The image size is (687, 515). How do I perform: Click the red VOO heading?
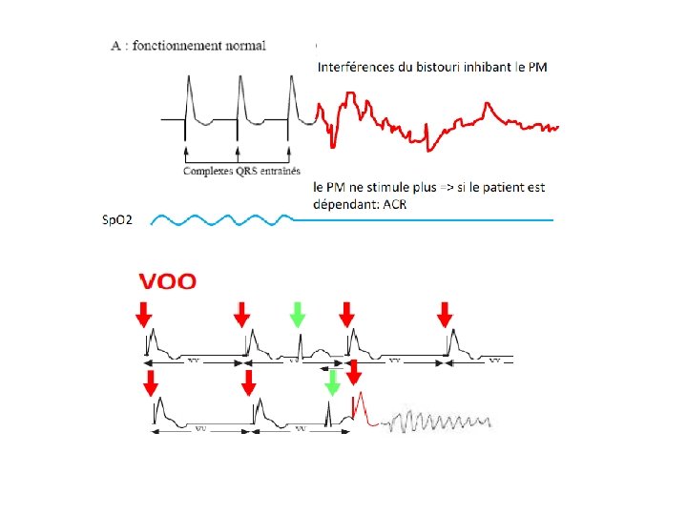[168, 281]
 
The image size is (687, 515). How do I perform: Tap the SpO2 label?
[117, 221]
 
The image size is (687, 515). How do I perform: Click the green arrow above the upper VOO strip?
[299, 314]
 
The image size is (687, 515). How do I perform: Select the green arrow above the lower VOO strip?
[332, 383]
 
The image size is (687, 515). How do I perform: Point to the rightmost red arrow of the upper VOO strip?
[445, 314]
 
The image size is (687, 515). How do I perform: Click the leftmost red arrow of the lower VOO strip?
[151, 382]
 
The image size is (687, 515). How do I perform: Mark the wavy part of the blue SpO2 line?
[219, 220]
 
